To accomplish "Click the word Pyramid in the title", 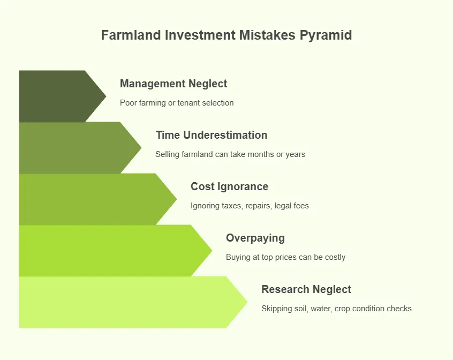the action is click(x=326, y=35).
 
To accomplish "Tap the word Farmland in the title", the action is click(x=131, y=35).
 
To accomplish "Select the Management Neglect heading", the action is click(x=173, y=84).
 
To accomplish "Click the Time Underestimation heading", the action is click(x=212, y=135).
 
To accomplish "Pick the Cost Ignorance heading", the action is click(x=229, y=186).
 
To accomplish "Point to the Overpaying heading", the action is click(x=255, y=238).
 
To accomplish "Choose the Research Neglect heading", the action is click(x=306, y=289).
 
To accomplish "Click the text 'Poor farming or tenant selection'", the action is click(x=177, y=103).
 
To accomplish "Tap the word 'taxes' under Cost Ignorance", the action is click(x=232, y=206).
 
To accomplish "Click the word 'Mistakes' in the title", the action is click(x=267, y=35).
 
